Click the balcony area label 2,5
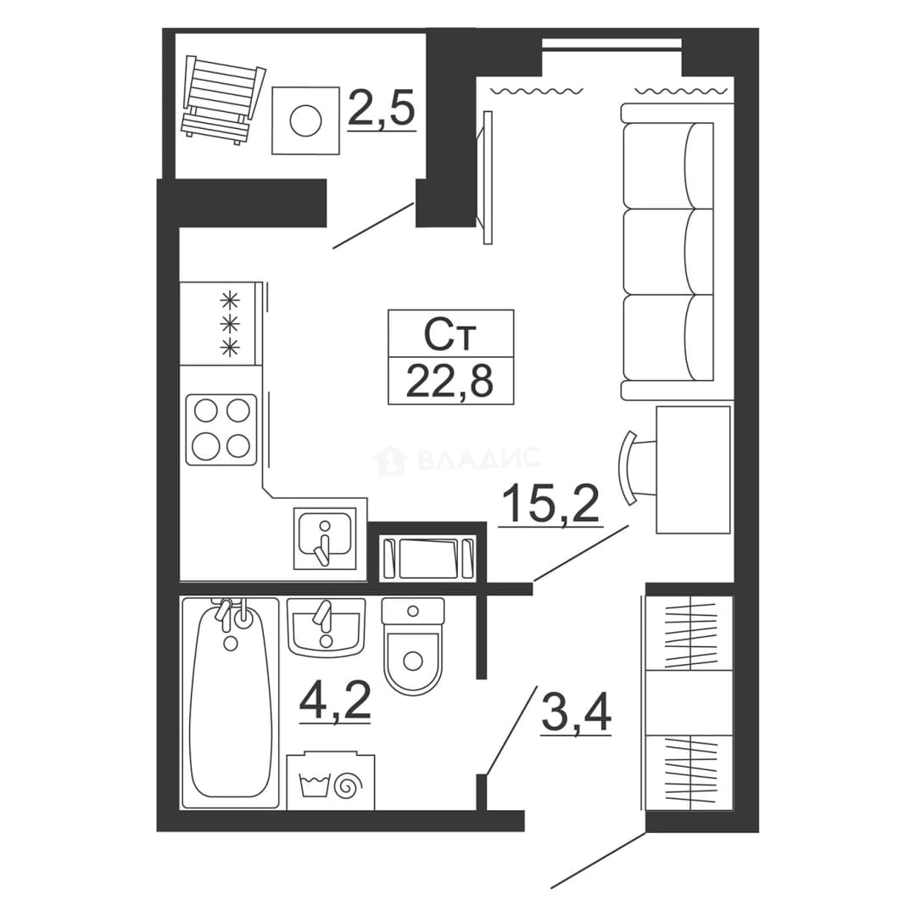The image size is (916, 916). coord(382,108)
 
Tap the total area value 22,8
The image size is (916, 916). coord(450,381)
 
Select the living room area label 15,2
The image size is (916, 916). coord(550,504)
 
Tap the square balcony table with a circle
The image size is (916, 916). coord(305,120)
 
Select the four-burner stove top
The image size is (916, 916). coord(221,429)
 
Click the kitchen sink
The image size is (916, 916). coord(326,538)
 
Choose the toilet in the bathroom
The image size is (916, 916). coord(413,645)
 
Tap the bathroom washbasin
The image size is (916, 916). coord(326,628)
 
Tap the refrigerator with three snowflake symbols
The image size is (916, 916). coord(221,324)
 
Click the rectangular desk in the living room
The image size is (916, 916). coord(694,470)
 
